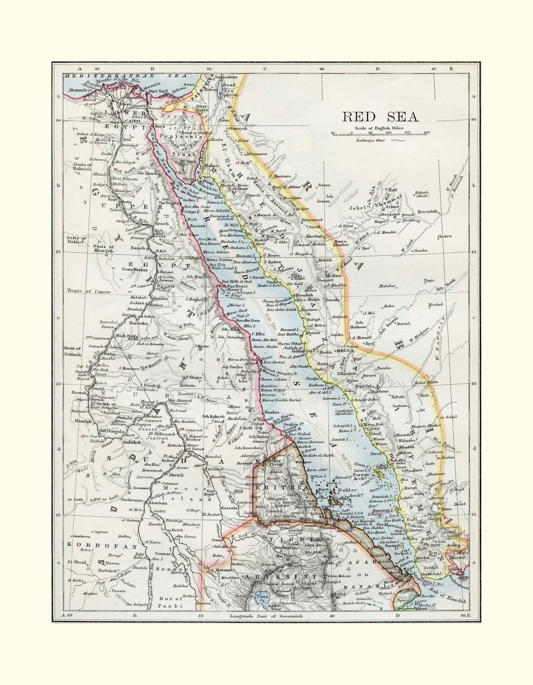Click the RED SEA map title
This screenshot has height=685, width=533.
(380, 116)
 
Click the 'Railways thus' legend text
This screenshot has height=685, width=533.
(371, 140)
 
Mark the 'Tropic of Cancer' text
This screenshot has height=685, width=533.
(89, 291)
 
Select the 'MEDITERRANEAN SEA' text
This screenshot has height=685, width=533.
(125, 76)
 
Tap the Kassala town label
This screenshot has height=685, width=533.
(228, 508)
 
